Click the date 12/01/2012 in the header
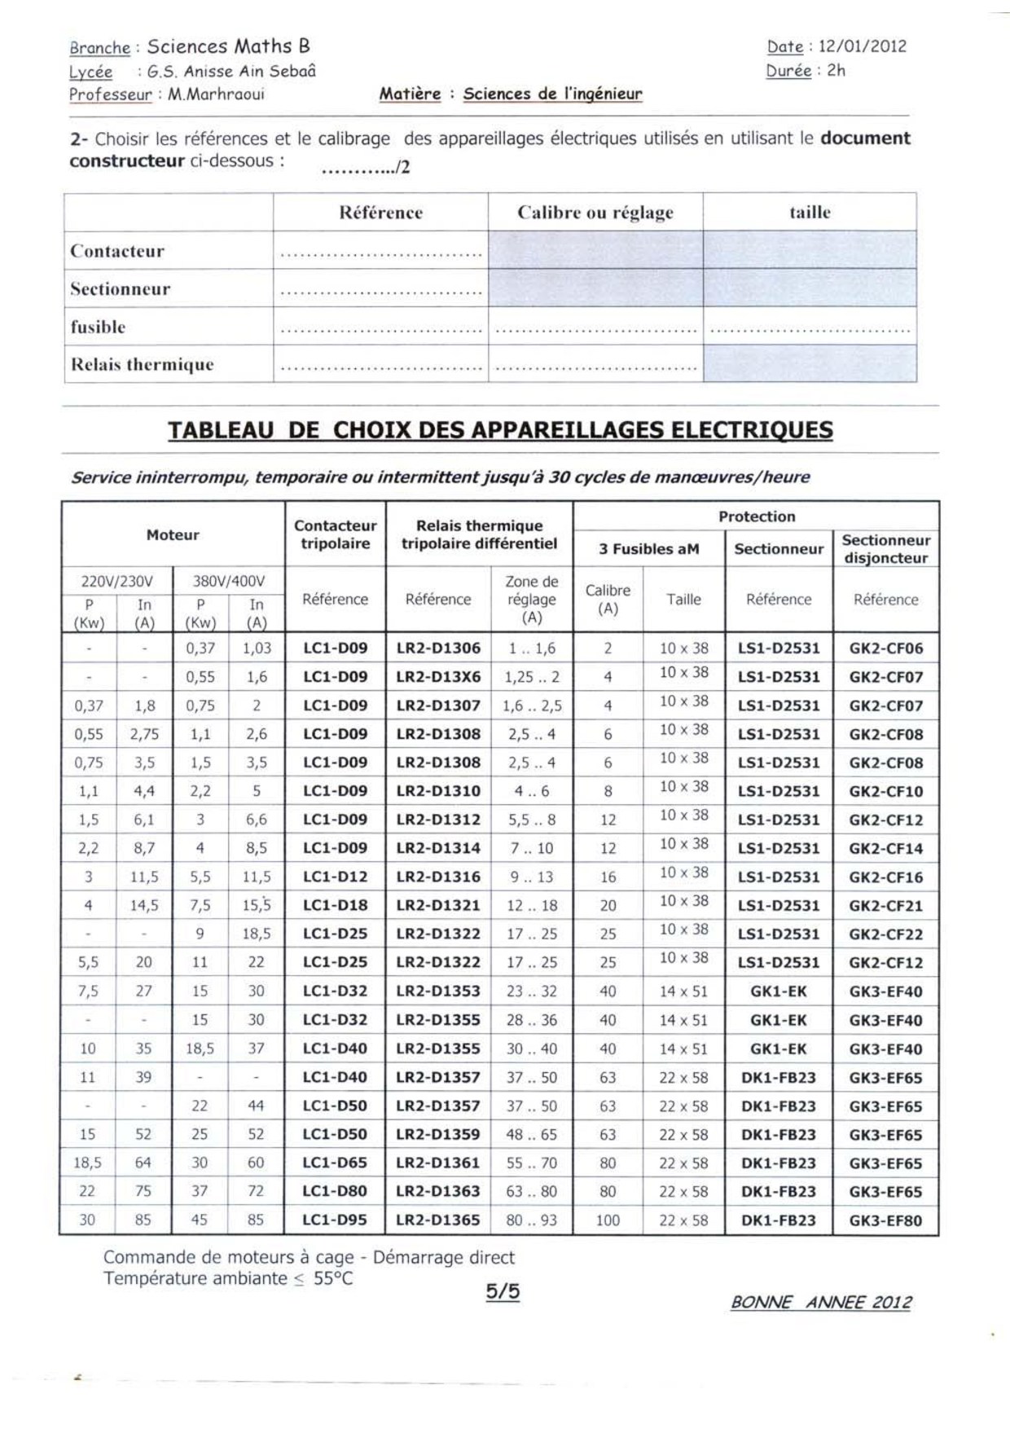tap(863, 46)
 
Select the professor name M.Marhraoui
tap(216, 95)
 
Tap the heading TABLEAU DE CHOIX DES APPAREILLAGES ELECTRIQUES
tap(500, 430)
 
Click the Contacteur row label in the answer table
tap(117, 251)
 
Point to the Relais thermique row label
tap(142, 364)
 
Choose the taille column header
tap(810, 213)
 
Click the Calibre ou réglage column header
tap(595, 213)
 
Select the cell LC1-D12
tap(335, 877)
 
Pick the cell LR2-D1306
tap(438, 649)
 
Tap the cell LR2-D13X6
tap(438, 677)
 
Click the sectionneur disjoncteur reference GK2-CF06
tap(886, 649)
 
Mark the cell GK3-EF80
tap(886, 1220)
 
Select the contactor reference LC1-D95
tap(335, 1220)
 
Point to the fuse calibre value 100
tap(608, 1220)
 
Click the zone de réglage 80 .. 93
tap(531, 1220)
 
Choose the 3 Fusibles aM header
tap(648, 549)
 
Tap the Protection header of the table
tap(756, 517)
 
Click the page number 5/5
tap(503, 1291)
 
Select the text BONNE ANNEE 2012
tap(821, 1303)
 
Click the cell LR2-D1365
tap(438, 1220)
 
